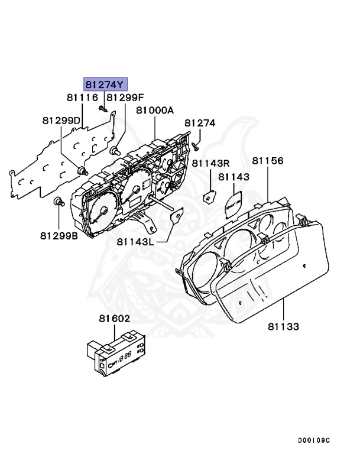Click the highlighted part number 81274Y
pyautogui.click(x=105, y=84)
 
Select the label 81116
pyautogui.click(x=82, y=98)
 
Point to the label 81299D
pyautogui.click(x=61, y=120)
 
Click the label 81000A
pyautogui.click(x=155, y=110)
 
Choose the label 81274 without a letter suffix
pyautogui.click(x=200, y=123)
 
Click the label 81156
pyautogui.click(x=268, y=160)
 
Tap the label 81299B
pyautogui.click(x=60, y=235)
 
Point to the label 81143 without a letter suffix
pyautogui.click(x=233, y=176)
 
